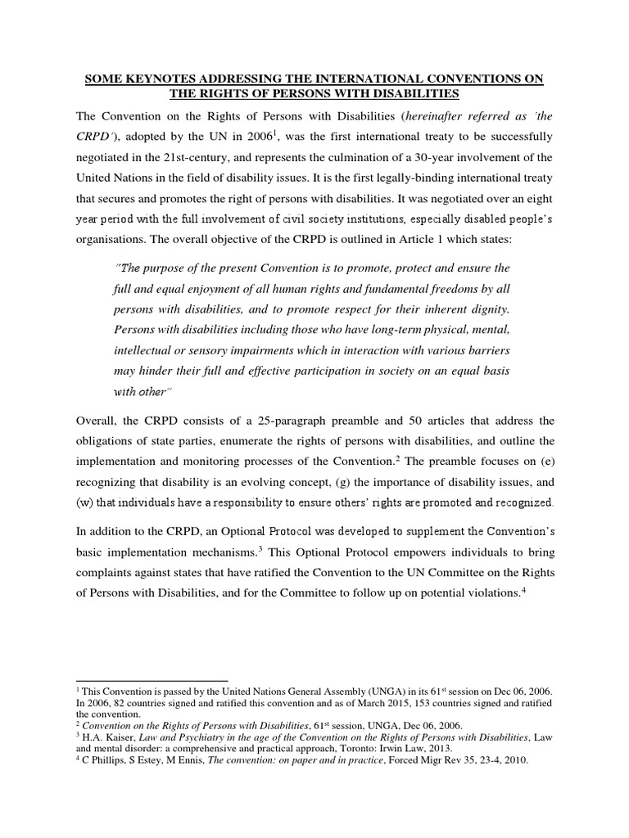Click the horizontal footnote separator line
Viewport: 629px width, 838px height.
tap(151, 680)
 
